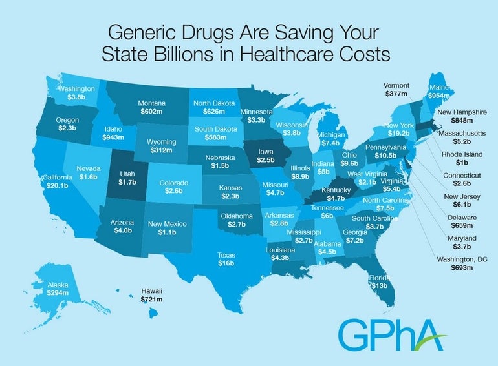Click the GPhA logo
pos(390,332)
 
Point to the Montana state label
pos(152,102)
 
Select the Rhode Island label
pos(461,154)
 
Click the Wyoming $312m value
pos(158,151)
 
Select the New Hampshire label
pos(462,112)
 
